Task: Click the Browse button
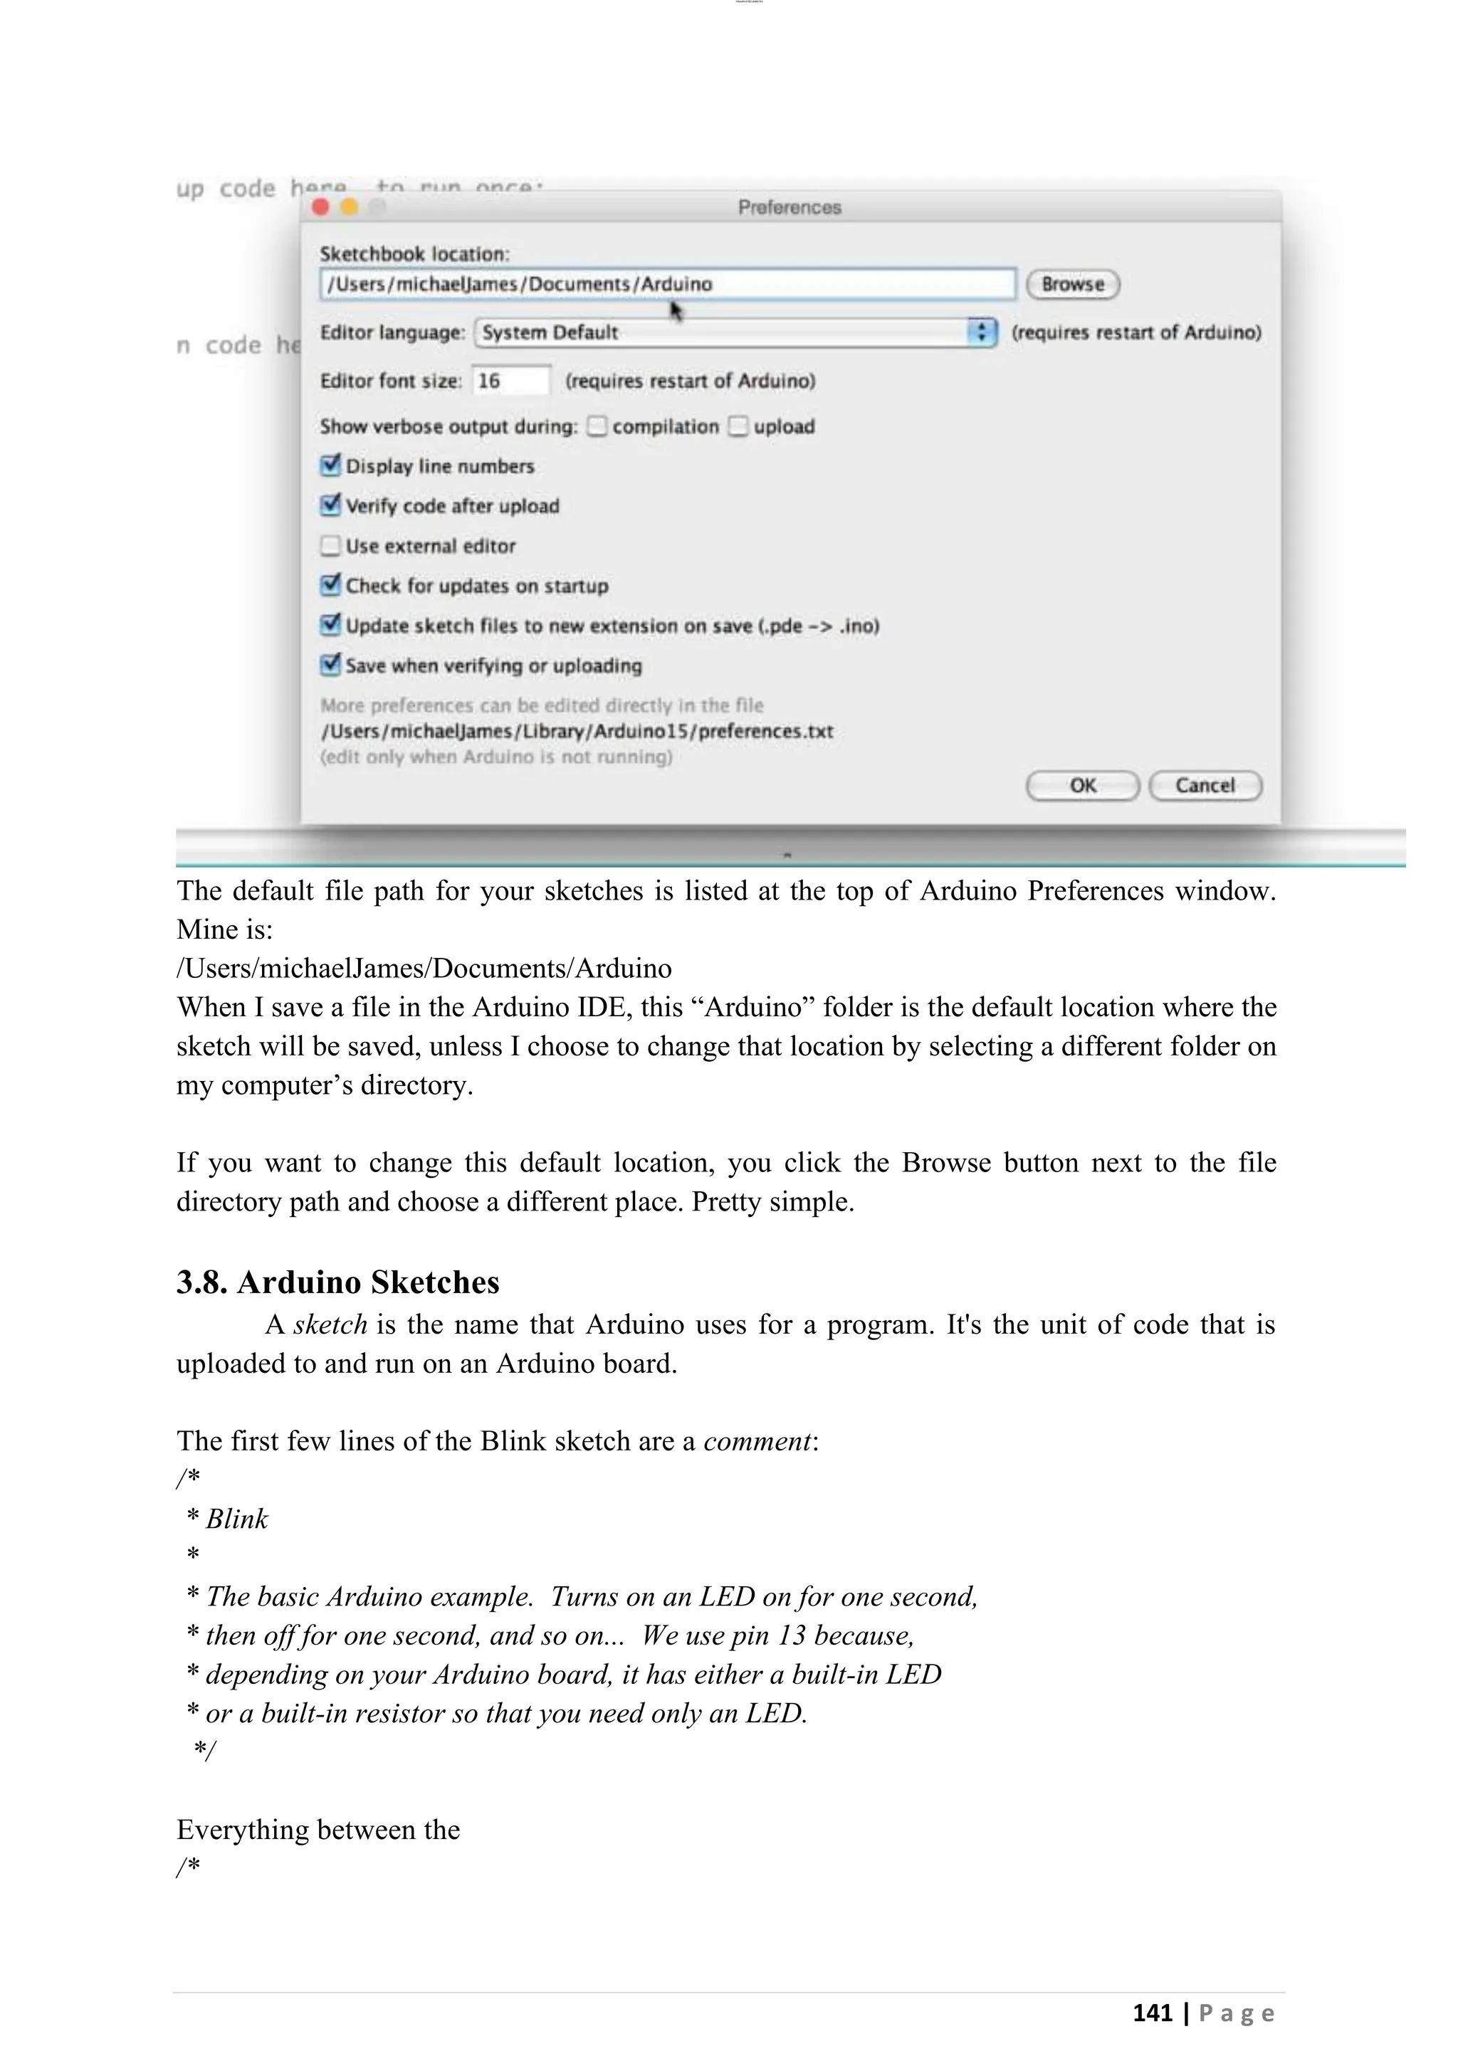(x=1072, y=285)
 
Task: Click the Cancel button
(x=1205, y=786)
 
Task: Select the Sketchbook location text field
(x=666, y=285)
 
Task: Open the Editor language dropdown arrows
(x=982, y=332)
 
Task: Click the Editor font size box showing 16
(x=510, y=381)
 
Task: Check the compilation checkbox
(x=597, y=426)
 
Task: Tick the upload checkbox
(x=738, y=426)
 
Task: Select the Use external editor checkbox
(x=330, y=546)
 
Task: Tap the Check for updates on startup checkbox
(x=330, y=585)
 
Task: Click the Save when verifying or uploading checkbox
(x=330, y=665)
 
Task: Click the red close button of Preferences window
(x=320, y=207)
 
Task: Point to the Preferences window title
(x=789, y=207)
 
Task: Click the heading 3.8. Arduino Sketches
(x=337, y=1282)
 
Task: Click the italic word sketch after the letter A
(x=330, y=1325)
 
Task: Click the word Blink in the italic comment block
(x=237, y=1519)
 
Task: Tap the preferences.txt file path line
(x=577, y=731)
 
